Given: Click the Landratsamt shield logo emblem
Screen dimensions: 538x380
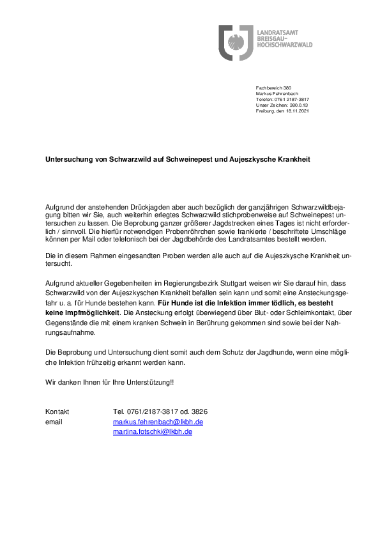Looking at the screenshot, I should (x=236, y=43).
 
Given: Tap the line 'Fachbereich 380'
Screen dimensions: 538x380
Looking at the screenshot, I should (x=273, y=88).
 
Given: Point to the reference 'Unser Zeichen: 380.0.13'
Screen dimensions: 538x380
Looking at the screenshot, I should (x=282, y=105).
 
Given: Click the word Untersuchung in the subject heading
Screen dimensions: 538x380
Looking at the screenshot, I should (x=66, y=158).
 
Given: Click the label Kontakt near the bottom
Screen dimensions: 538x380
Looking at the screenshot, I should (x=57, y=411).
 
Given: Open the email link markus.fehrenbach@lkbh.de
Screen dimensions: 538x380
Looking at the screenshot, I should (x=158, y=422).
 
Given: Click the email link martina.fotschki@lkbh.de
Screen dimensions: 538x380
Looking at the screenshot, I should (x=153, y=431).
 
